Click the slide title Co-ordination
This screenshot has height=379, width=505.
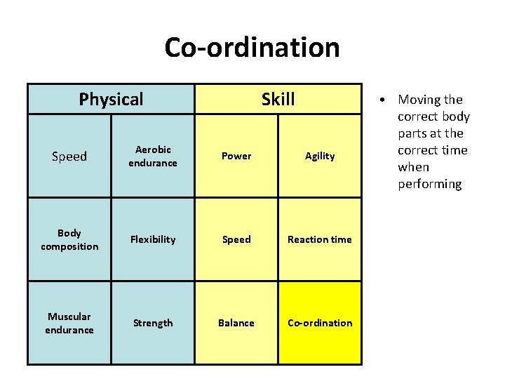pos(252,48)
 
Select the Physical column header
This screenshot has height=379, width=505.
pos(111,99)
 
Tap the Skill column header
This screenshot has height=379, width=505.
pos(278,99)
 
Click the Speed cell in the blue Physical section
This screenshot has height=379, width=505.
pos(69,156)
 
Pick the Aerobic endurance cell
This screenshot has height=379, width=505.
pos(153,156)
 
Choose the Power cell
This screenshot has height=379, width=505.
pos(236,156)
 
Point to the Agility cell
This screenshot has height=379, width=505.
pos(320,156)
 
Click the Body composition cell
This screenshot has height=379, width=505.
pos(69,239)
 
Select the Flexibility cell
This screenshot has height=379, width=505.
pos(153,239)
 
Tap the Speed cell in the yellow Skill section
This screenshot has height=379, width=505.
pos(236,239)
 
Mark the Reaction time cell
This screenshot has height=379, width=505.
pos(320,239)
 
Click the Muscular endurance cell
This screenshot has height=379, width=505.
pos(69,323)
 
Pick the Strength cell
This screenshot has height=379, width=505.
pos(153,323)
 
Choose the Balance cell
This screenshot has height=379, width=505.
pos(236,323)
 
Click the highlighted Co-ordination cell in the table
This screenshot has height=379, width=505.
pos(320,323)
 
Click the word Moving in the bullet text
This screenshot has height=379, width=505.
pos(419,100)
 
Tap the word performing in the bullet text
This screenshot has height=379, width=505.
pos(429,184)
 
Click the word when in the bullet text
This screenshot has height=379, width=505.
pos(413,167)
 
